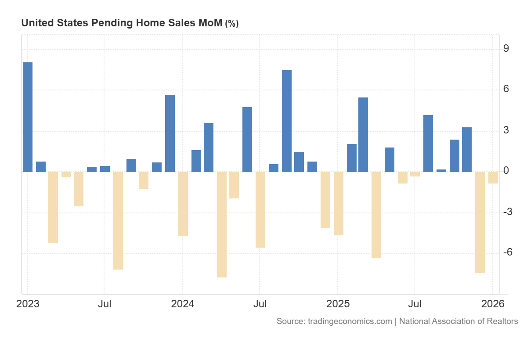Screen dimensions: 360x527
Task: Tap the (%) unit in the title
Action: [231, 24]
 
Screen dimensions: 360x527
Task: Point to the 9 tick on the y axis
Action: [506, 48]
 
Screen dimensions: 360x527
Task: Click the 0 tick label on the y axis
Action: [506, 171]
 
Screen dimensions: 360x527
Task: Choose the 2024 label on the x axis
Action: [182, 304]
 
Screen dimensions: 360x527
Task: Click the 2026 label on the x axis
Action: [492, 304]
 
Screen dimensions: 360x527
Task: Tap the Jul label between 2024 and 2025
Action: [260, 304]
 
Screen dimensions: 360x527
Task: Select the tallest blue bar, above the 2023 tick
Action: [28, 117]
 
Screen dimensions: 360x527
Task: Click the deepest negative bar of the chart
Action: [222, 224]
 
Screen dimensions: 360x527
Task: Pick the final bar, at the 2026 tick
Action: [493, 177]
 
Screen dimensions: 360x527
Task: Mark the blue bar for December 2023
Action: [170, 133]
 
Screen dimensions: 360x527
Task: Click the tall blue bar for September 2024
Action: [287, 121]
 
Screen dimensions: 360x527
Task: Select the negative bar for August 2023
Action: [118, 220]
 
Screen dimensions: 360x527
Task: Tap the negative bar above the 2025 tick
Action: [338, 204]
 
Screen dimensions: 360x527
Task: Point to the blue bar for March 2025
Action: [363, 135]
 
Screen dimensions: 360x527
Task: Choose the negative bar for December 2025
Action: [480, 222]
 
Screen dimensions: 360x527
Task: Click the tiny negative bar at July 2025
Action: [415, 174]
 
